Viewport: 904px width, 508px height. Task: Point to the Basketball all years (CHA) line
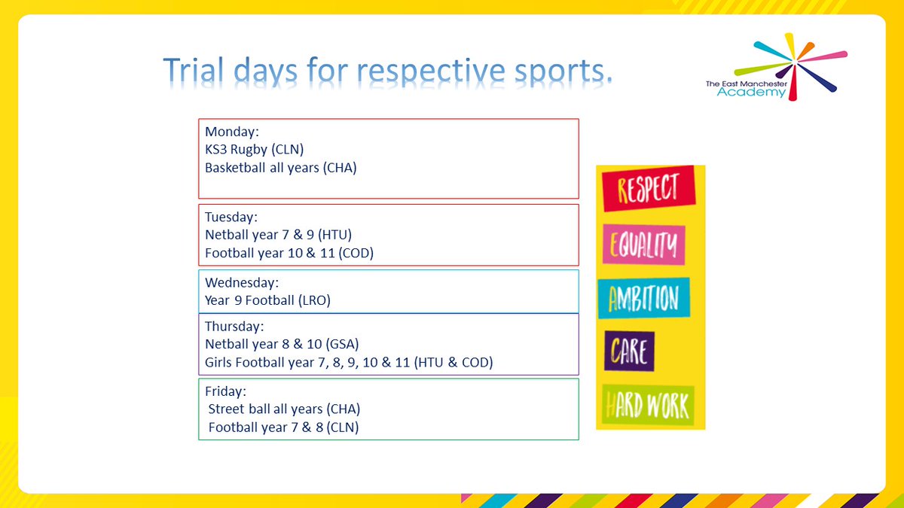point(280,168)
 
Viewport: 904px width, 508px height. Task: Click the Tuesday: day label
point(231,217)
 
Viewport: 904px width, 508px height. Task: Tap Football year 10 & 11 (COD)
point(289,253)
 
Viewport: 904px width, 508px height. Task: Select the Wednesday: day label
point(242,283)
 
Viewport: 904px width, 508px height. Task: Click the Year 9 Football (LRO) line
point(267,300)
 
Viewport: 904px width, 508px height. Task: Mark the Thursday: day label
point(234,327)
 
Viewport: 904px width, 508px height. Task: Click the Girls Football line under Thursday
point(349,363)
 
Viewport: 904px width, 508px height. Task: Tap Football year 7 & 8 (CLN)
point(283,427)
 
